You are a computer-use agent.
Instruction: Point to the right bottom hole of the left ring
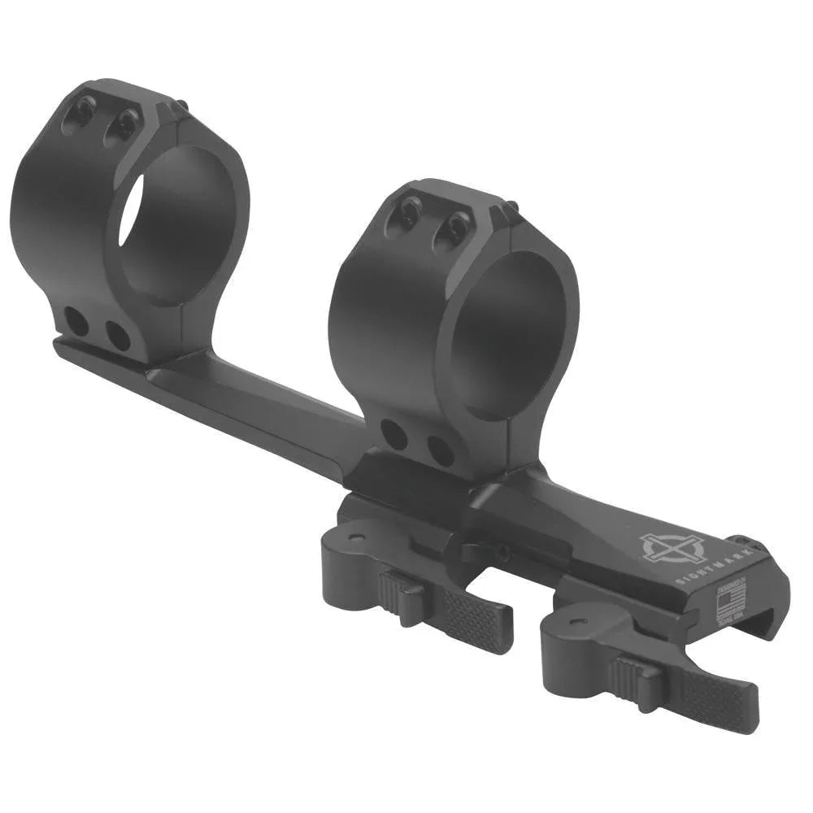coord(118,336)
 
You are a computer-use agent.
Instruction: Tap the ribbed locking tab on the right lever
coord(635,674)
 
